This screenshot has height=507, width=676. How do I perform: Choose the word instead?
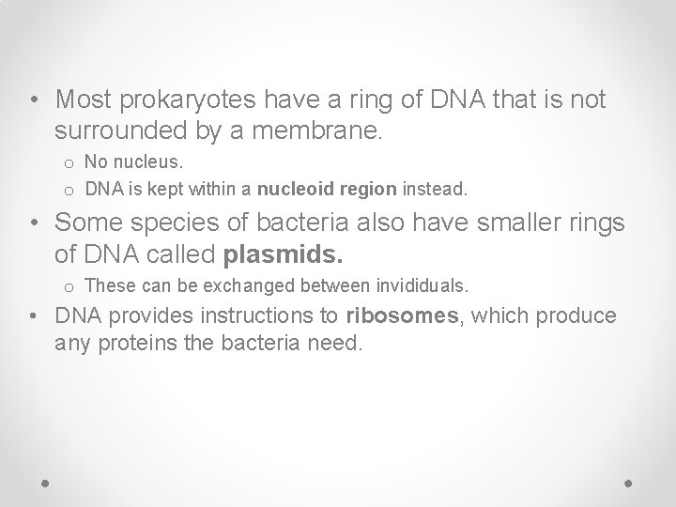point(434,189)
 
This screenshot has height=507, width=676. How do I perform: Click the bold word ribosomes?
point(401,316)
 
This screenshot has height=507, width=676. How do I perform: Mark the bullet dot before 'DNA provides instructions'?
point(35,317)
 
